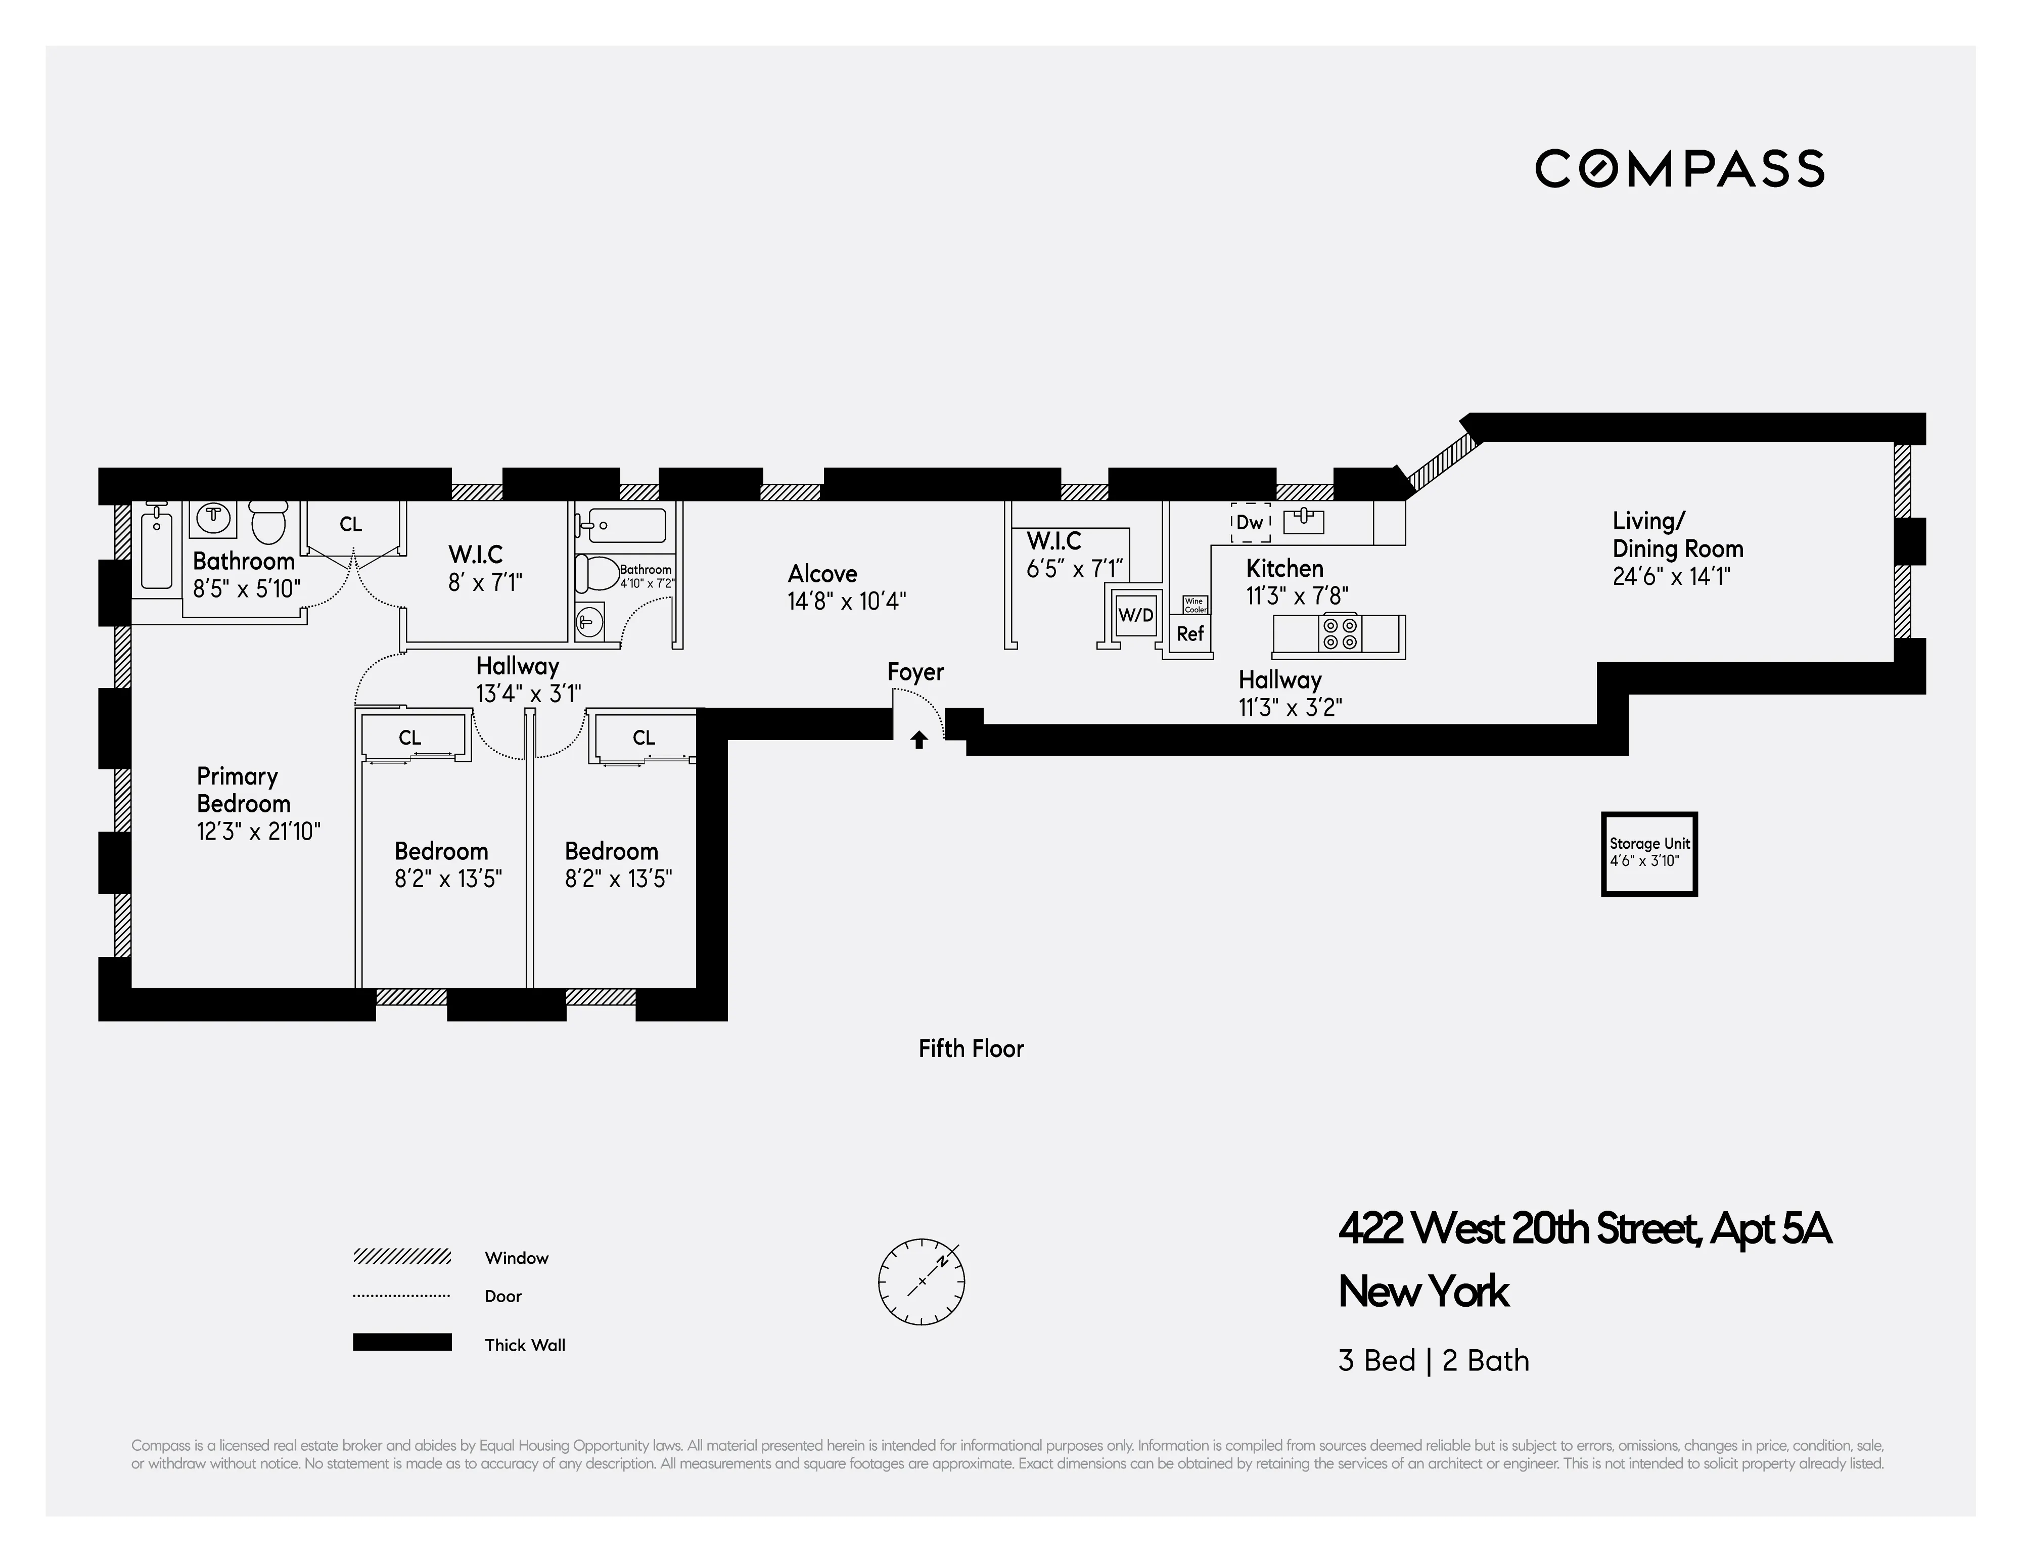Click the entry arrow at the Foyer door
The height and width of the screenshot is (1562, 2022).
918,740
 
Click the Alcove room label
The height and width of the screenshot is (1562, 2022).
822,574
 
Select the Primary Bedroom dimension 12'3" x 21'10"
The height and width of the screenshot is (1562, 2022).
258,832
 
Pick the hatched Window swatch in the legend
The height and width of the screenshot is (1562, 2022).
402,1257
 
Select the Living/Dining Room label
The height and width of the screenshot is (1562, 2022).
1677,535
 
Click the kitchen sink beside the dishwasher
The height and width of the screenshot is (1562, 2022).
1304,521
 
